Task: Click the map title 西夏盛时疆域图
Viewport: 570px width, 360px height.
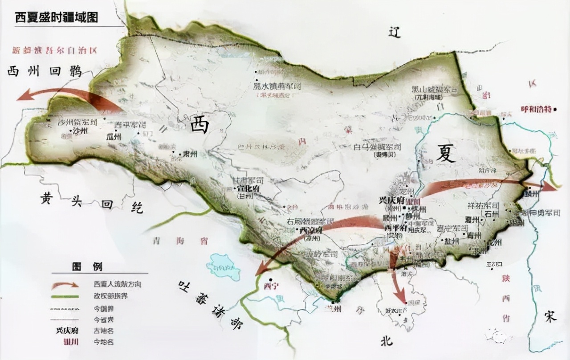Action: coord(57,18)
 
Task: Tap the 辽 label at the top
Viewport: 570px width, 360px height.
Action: coord(392,32)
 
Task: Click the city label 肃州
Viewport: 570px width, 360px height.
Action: coord(190,155)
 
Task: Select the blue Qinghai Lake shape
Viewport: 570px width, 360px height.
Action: coord(223,266)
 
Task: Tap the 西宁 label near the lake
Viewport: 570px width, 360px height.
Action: coord(270,286)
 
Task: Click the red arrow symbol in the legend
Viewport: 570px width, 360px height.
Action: coord(65,285)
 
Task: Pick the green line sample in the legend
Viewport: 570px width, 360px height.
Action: coord(65,296)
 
